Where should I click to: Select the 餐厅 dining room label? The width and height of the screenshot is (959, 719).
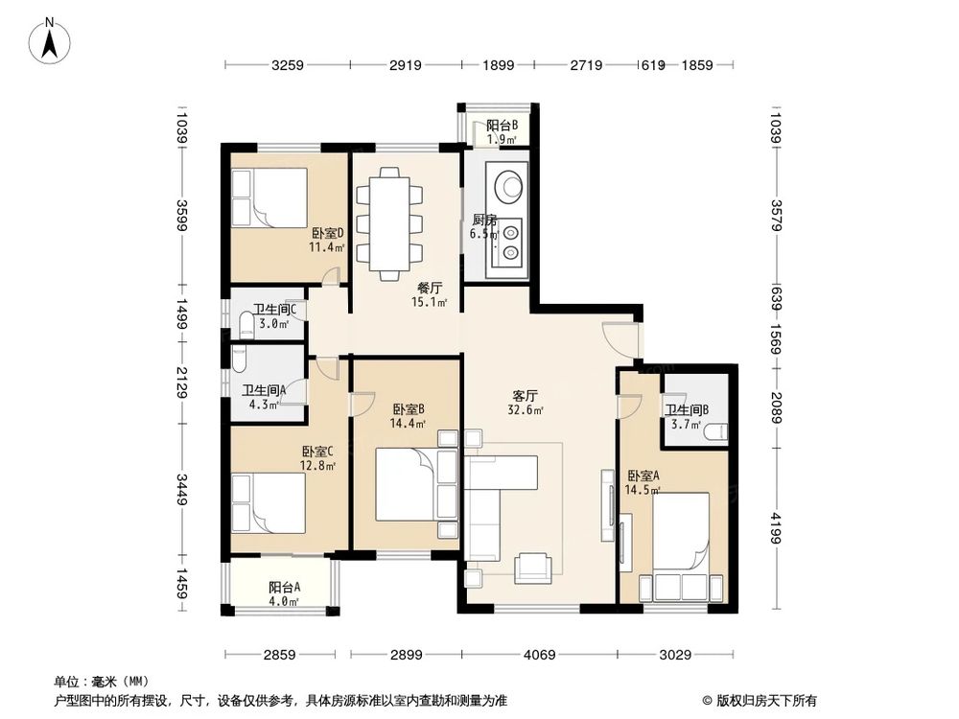click(429, 287)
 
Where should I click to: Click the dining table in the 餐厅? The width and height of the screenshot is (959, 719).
click(388, 223)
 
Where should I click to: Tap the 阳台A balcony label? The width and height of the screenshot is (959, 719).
click(285, 588)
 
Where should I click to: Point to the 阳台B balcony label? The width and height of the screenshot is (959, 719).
click(502, 126)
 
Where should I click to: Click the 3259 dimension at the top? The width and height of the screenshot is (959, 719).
click(287, 65)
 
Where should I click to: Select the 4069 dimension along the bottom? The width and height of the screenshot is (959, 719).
click(539, 655)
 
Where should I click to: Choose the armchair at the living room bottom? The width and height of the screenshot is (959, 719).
click(532, 568)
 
